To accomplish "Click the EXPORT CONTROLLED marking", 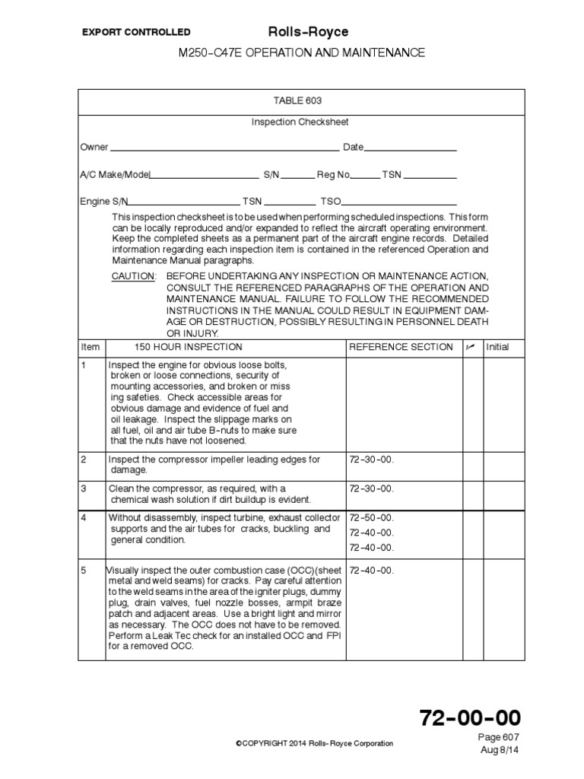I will tap(136, 33).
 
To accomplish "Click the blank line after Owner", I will tap(224, 148).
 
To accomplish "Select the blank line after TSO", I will tap(399, 203).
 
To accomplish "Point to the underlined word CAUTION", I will tap(133, 275).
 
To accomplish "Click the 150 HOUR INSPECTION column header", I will tap(189, 347).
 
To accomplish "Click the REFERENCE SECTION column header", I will tap(401, 347).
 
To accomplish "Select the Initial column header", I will tap(497, 347).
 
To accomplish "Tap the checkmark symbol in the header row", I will tap(471, 347).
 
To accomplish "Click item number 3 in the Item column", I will tap(84, 488).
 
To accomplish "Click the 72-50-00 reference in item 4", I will tap(371, 518).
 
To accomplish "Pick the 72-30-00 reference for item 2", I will tap(371, 459).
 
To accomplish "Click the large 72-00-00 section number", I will tap(470, 718).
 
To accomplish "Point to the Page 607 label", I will tap(500, 738).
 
